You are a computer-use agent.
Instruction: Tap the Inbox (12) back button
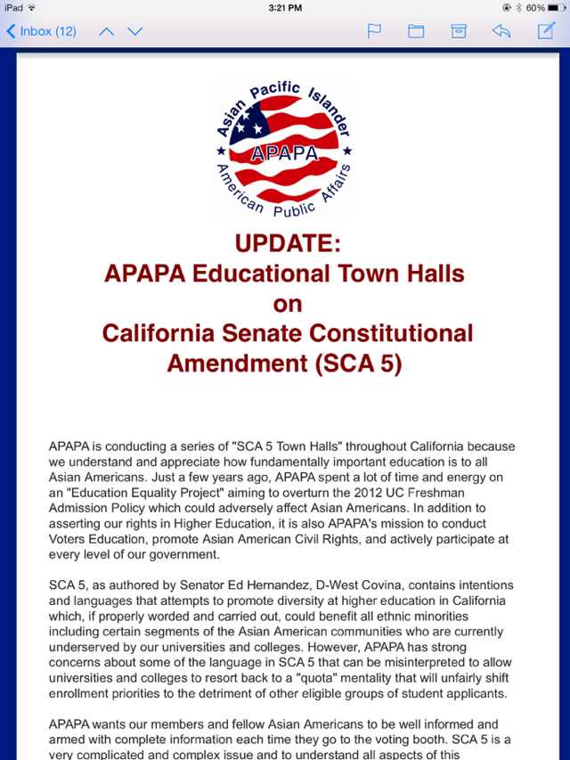pos(41,31)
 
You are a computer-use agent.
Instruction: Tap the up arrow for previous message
pos(106,31)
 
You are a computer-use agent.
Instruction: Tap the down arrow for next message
pos(134,31)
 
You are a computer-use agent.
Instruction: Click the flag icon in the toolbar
pos(375,31)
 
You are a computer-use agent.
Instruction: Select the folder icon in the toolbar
pos(416,31)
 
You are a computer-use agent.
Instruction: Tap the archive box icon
pos(459,31)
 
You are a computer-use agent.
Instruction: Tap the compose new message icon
pos(546,31)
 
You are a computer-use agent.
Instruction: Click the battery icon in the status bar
pos(554,7)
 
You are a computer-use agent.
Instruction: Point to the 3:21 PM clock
pos(285,7)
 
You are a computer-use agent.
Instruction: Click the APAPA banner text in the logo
pos(284,152)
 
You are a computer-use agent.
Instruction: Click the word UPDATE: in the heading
pos(288,243)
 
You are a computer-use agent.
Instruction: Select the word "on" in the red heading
pos(288,304)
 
